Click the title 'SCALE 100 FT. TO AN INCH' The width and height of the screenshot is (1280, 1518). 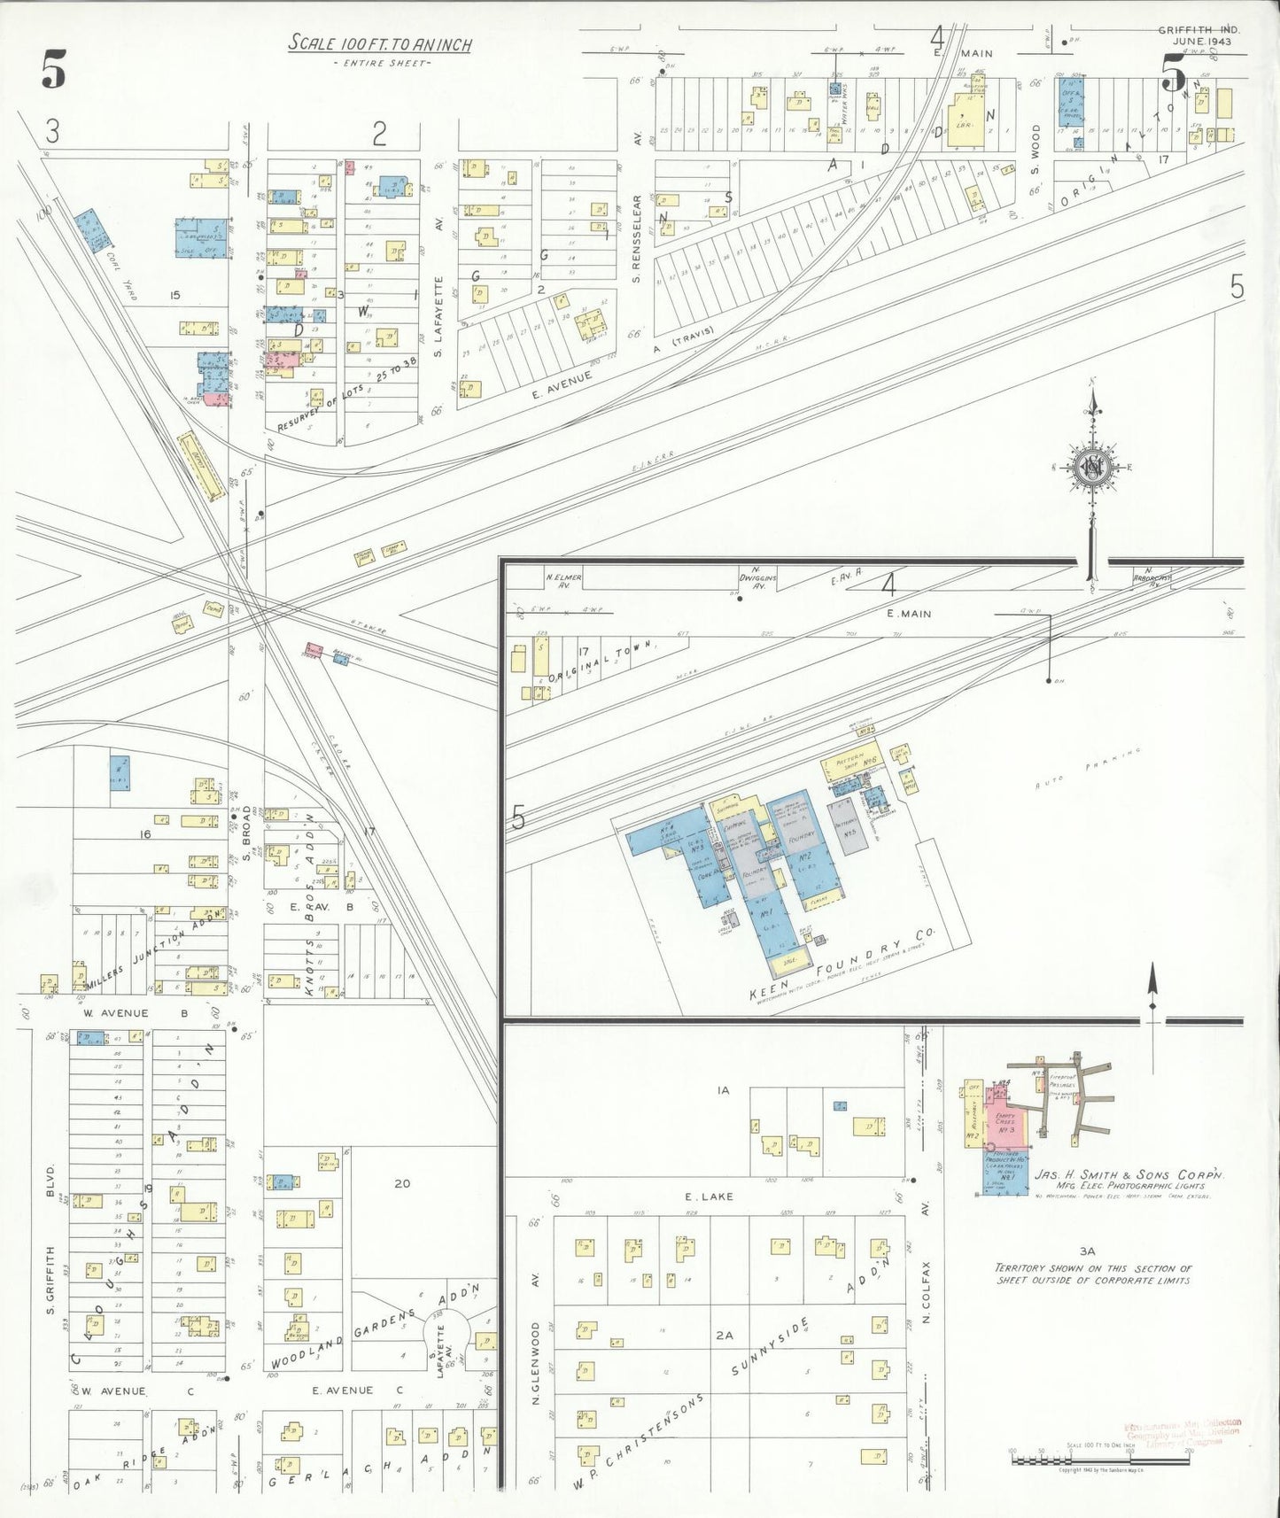pyautogui.click(x=379, y=44)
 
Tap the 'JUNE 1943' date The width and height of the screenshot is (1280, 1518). pyautogui.click(x=1206, y=42)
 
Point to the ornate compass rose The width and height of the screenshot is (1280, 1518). pyautogui.click(x=1093, y=468)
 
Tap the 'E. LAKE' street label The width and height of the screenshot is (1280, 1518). pyautogui.click(x=708, y=1197)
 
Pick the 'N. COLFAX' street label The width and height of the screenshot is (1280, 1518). pyautogui.click(x=927, y=1291)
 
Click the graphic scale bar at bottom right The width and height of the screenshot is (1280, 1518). pyautogui.click(x=1098, y=1456)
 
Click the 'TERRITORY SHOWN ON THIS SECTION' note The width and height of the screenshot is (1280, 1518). pyautogui.click(x=1093, y=1274)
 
